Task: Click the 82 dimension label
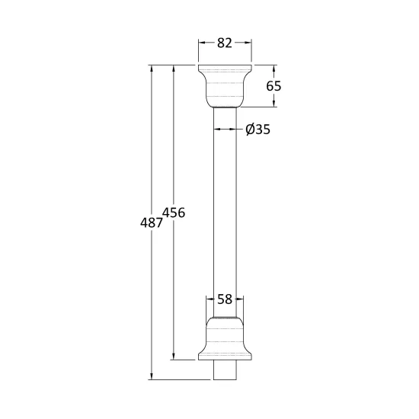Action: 225,43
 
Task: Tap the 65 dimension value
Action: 273,86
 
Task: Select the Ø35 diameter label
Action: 257,130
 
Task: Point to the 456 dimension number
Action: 174,213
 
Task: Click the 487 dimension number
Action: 152,222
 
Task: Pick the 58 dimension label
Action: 225,299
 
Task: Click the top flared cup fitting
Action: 225,86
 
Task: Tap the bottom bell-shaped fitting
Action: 225,338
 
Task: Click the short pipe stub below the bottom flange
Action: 225,369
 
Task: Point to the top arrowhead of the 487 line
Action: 152,68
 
